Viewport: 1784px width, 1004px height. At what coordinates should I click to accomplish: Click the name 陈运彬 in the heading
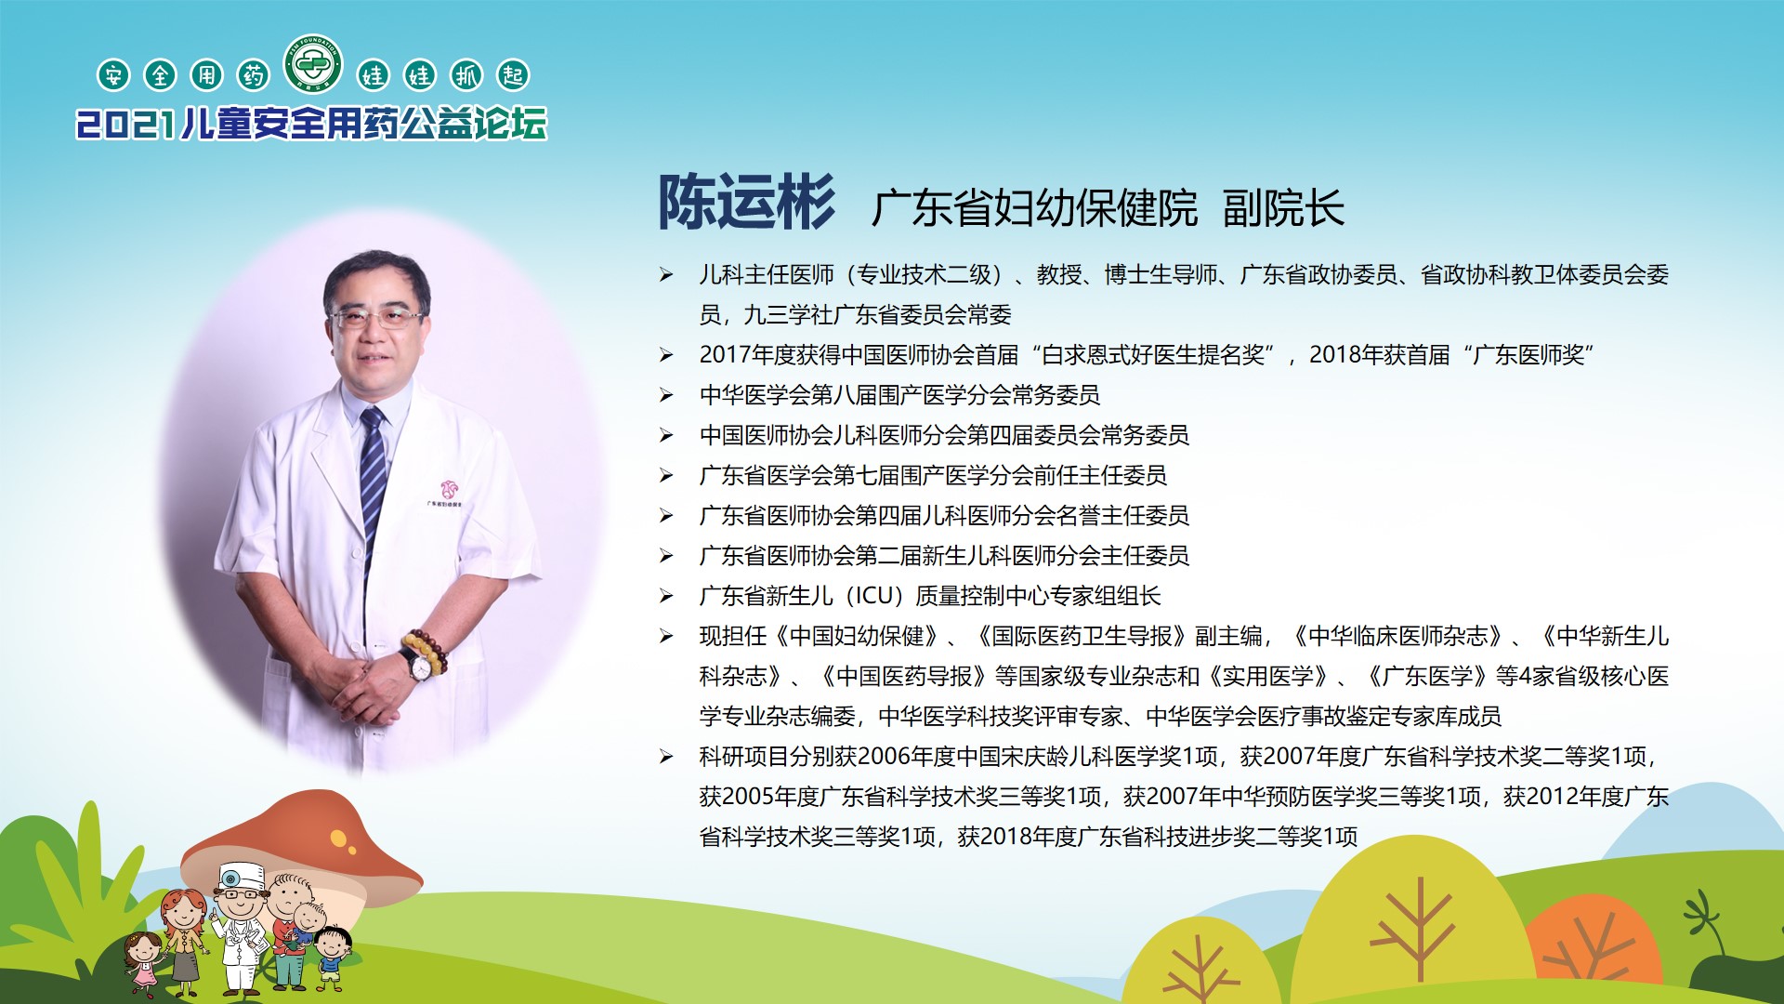tap(747, 203)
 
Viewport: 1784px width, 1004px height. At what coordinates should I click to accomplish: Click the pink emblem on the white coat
tap(450, 489)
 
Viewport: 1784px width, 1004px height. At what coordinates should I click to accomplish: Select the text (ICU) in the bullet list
tap(873, 596)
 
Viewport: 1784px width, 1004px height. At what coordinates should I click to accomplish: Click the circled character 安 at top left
tap(113, 75)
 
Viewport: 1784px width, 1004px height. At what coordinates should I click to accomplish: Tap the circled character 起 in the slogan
tap(513, 75)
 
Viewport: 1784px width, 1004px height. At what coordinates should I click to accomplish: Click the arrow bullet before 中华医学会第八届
tap(666, 395)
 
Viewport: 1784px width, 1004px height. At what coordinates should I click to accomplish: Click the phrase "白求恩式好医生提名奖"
tap(1152, 355)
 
